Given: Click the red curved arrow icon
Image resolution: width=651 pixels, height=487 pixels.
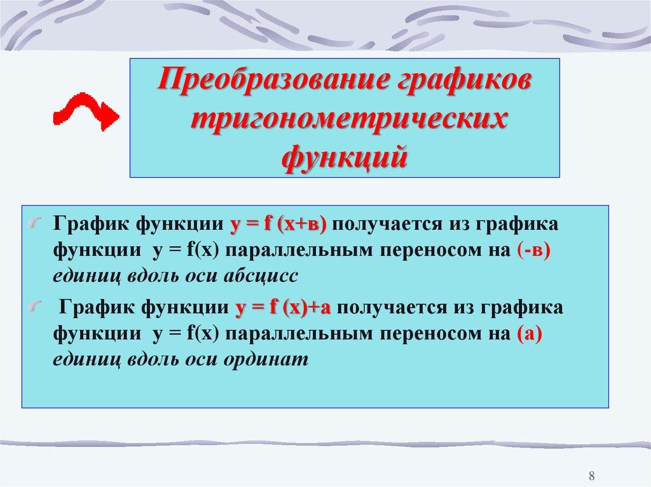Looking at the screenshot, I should (x=85, y=112).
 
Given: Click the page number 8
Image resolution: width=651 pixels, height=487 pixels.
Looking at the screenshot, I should (x=592, y=476).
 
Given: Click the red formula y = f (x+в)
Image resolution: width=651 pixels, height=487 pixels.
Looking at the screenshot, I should (x=277, y=224).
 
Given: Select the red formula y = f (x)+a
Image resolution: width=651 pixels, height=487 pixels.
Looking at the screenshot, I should (x=285, y=308).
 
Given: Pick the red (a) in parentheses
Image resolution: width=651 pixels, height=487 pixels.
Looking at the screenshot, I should (x=528, y=333).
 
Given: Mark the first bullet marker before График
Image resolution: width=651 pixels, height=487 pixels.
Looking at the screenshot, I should (x=38, y=223).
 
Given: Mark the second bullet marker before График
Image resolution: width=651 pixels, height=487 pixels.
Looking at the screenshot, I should (x=38, y=307).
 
